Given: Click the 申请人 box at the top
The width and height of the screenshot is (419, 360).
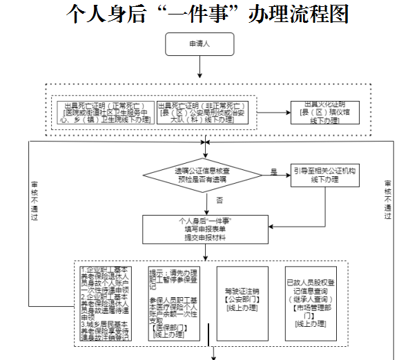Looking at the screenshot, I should click(199, 44).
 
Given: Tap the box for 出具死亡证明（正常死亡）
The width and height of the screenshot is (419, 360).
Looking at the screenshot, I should click(104, 111).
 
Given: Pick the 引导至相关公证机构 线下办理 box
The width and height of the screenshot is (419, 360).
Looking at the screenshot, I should click(324, 174).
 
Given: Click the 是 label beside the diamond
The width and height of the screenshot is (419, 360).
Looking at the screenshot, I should click(273, 171).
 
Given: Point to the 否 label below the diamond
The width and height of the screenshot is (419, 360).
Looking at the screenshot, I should click(218, 200).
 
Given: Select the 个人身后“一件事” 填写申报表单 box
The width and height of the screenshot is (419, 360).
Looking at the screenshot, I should click(204, 229).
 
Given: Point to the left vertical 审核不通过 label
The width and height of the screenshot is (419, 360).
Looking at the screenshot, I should click(35, 200).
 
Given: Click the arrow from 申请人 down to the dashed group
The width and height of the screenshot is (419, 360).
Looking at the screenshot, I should click(199, 66).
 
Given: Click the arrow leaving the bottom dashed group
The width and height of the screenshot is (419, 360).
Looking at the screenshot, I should click(215, 352).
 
